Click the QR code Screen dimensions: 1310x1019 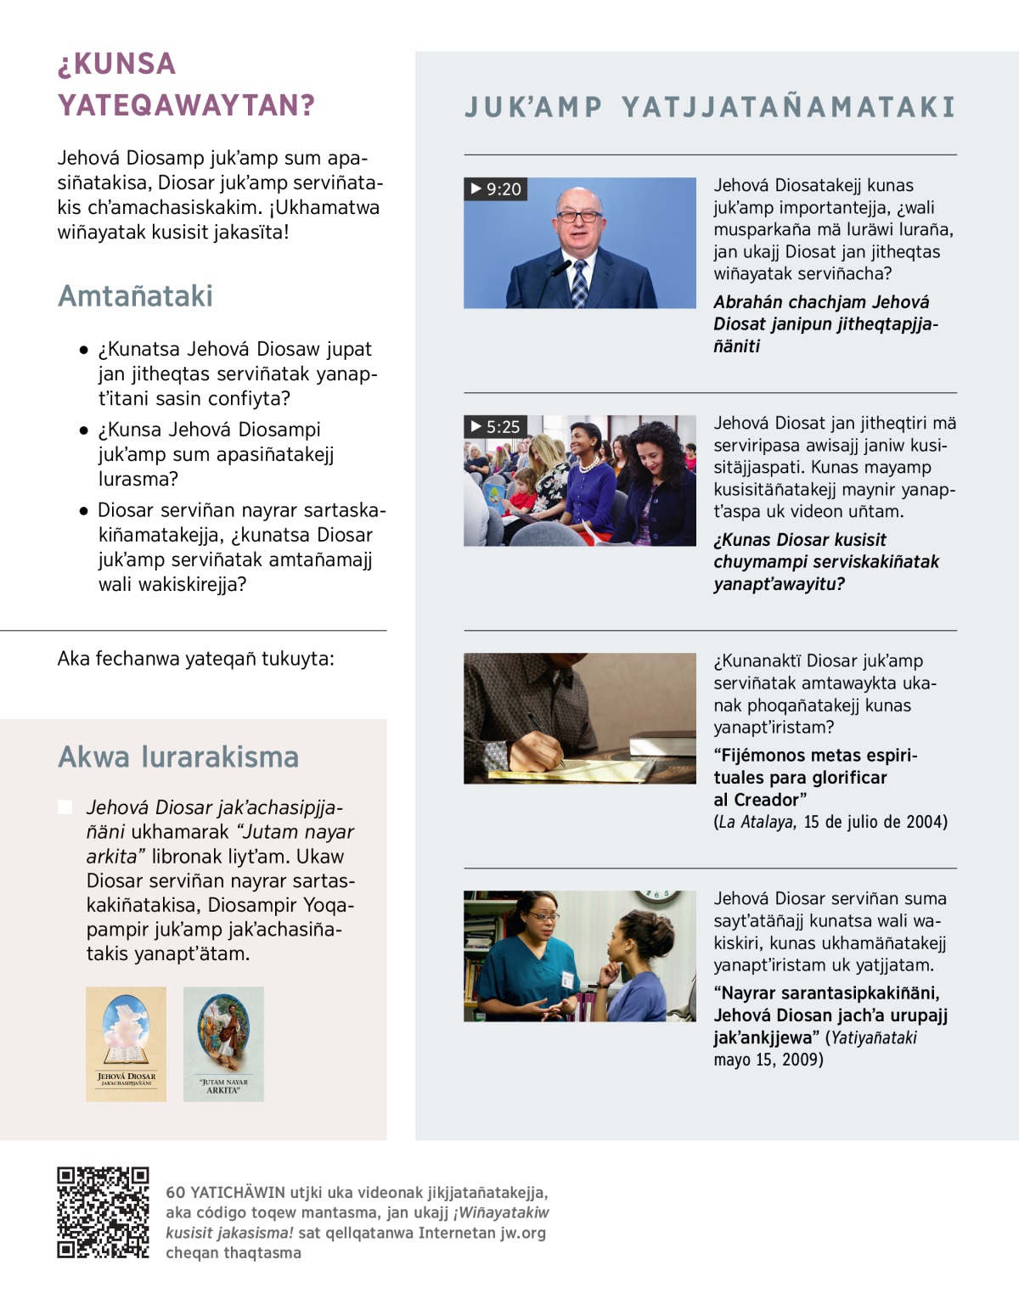(x=103, y=1212)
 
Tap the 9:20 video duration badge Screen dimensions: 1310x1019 (x=496, y=189)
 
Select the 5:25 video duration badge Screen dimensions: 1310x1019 (x=496, y=427)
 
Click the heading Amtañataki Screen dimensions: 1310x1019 (x=135, y=296)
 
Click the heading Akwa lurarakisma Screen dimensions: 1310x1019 (x=178, y=757)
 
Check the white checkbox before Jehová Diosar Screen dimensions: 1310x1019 (x=65, y=807)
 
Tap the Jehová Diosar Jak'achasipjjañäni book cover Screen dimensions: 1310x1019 (x=126, y=1044)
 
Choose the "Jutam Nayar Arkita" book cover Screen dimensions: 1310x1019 (x=223, y=1044)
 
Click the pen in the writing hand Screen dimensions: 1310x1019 (x=543, y=732)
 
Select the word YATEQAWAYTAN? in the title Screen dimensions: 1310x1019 (x=187, y=105)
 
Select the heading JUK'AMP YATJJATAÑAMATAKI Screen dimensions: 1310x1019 (x=710, y=107)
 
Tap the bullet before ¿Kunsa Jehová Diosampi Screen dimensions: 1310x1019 (x=83, y=430)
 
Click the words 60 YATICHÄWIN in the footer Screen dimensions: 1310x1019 (x=225, y=1193)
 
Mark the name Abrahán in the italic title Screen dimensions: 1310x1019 (x=748, y=302)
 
